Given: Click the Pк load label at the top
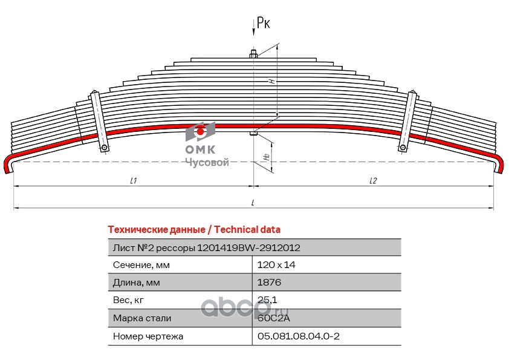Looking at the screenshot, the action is tap(263, 23).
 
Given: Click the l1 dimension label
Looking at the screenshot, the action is tap(134, 180).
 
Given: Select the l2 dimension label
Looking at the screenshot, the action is tap(373, 180).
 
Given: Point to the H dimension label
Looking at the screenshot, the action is tap(272, 80).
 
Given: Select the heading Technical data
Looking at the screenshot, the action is tap(247, 229).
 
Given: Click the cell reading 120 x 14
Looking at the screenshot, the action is tap(276, 265).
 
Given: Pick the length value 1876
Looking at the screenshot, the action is tap(269, 283).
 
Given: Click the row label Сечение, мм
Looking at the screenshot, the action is tap(141, 265).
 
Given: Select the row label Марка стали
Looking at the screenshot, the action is tap(142, 318).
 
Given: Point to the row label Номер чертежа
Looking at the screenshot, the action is tap(148, 336).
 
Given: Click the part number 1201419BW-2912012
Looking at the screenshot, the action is tap(249, 247).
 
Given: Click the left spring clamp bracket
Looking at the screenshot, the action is tap(99, 121).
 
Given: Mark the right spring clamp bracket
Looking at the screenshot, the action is tap(407, 121).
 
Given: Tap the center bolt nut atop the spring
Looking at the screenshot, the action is tap(253, 56).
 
